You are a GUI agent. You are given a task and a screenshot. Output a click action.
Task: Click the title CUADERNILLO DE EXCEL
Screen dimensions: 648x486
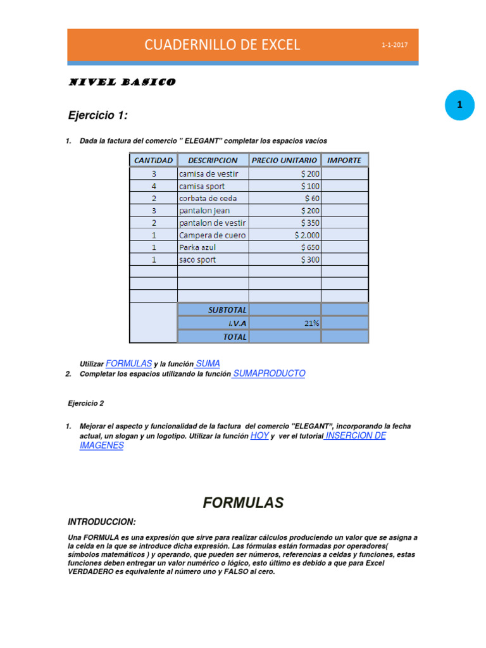click(x=222, y=45)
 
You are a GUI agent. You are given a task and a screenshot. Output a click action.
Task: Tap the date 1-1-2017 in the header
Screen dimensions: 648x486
click(x=394, y=46)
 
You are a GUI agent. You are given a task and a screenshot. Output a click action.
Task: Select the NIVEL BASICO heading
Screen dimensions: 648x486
click(x=121, y=82)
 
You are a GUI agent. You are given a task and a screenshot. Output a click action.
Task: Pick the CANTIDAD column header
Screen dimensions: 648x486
click(x=153, y=160)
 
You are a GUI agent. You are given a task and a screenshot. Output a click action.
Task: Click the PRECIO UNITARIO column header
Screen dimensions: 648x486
click(x=284, y=160)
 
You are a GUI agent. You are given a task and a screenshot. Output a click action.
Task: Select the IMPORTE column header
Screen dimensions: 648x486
click(x=344, y=160)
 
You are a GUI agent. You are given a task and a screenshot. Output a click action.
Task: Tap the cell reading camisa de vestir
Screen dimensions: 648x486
click(x=209, y=173)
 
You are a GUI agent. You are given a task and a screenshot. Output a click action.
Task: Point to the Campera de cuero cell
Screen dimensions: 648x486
click(x=212, y=235)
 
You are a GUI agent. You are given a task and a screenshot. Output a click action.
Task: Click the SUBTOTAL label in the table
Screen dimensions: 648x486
click(x=227, y=309)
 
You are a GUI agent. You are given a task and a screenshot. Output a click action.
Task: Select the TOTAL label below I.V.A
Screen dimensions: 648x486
click(x=234, y=337)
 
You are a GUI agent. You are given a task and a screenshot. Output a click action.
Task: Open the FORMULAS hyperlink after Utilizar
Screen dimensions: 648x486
click(x=128, y=363)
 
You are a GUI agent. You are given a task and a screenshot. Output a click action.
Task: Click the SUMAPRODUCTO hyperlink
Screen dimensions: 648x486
click(x=269, y=373)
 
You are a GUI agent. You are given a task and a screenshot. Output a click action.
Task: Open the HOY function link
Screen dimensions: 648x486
click(x=259, y=436)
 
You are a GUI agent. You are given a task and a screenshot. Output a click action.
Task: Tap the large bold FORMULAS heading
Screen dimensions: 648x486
click(x=243, y=503)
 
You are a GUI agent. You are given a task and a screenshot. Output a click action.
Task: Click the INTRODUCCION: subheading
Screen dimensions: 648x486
click(x=101, y=521)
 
